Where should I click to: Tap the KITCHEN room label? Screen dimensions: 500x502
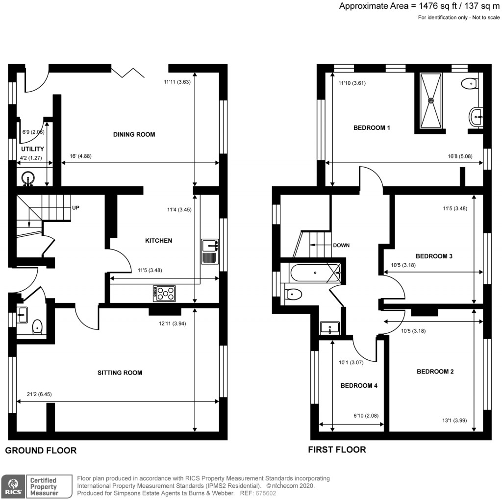158,241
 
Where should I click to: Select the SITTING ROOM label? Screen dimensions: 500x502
120,373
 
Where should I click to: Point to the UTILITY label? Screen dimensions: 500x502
32,149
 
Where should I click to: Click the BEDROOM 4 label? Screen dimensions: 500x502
359,385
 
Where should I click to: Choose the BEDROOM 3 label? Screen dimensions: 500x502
434,256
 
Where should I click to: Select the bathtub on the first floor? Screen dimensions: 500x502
314,273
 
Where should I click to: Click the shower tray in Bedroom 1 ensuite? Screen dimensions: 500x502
431,100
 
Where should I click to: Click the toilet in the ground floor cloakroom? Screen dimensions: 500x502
38,326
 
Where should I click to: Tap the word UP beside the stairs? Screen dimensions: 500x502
76,208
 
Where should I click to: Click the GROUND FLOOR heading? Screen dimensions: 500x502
41,450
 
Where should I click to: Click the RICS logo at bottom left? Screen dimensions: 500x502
13,486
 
